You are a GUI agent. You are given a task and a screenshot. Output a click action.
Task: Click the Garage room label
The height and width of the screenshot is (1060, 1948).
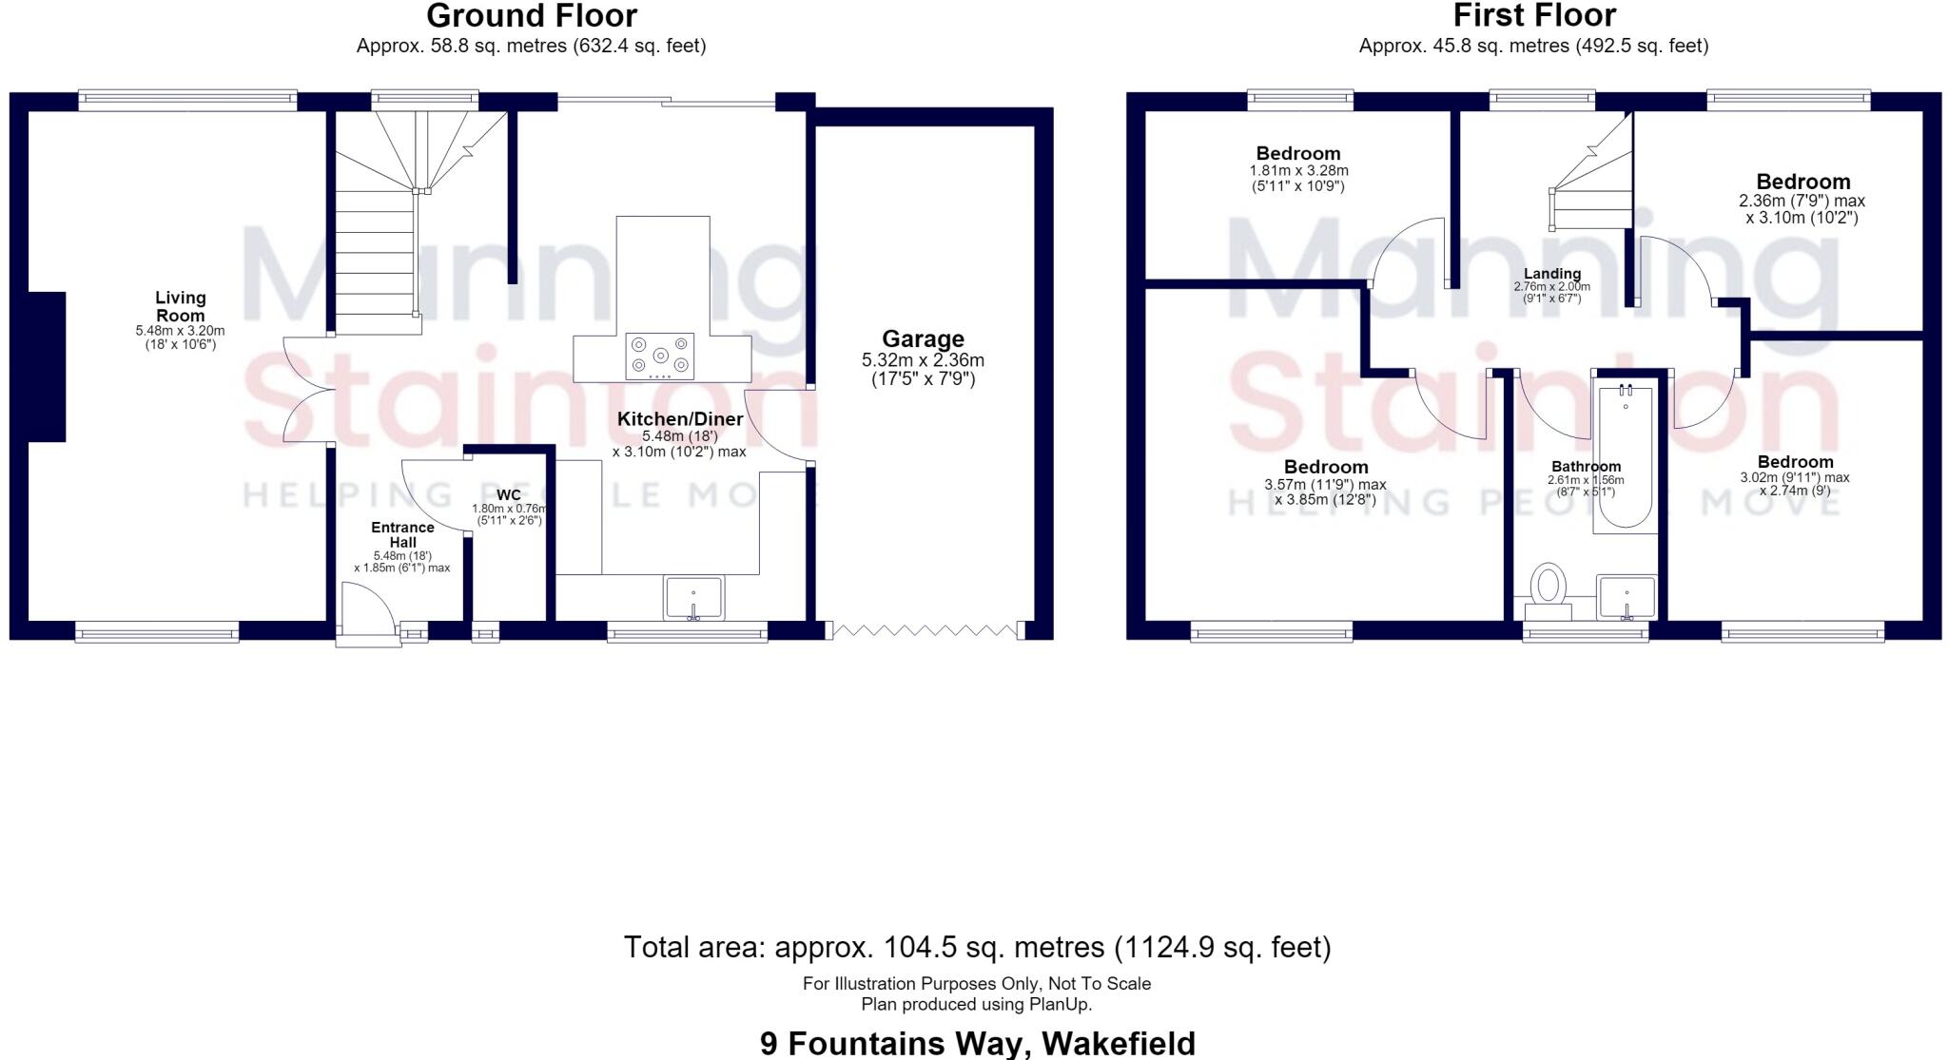(923, 338)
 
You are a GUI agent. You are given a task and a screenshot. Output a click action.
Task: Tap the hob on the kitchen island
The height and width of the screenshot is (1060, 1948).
(659, 357)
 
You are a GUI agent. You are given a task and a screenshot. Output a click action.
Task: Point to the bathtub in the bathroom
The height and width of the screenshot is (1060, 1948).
(1625, 456)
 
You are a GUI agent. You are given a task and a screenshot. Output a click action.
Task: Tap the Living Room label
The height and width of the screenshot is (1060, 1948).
(181, 307)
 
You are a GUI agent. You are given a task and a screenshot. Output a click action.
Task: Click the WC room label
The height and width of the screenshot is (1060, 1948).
(509, 495)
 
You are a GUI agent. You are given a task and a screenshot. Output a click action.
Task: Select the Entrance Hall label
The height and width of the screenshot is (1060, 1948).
(402, 534)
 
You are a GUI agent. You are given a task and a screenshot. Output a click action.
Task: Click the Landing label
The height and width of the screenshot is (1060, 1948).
(1552, 274)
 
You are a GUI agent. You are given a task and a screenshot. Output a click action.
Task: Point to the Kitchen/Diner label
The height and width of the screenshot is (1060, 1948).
(679, 419)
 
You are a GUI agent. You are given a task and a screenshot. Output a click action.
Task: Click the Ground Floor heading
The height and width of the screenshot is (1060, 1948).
(532, 15)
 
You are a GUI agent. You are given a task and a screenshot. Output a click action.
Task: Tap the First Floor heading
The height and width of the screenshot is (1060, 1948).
(1534, 15)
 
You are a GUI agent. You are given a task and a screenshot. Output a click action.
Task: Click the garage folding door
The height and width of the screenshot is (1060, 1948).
(926, 629)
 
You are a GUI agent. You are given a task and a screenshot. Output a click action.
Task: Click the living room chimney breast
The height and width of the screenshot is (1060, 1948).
(47, 367)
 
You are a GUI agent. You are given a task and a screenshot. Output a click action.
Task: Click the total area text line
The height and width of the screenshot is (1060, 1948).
(977, 947)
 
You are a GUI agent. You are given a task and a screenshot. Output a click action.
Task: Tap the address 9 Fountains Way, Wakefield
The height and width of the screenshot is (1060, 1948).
(977, 1043)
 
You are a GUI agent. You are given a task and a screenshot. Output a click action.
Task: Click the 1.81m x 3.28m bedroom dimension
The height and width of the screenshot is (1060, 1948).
(1298, 171)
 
